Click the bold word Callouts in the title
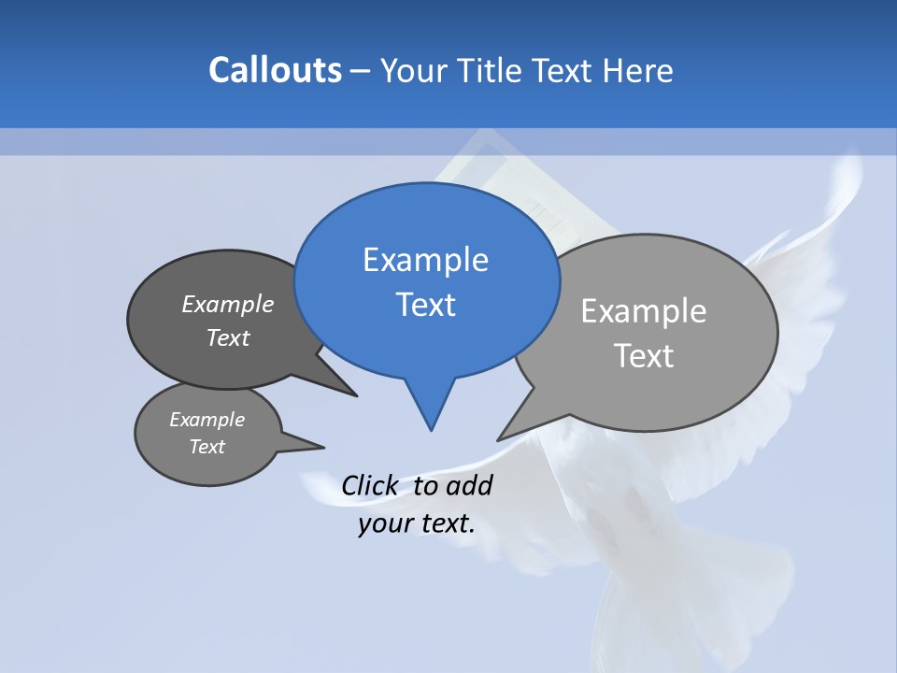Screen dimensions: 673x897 275,70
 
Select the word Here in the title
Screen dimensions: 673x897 638,71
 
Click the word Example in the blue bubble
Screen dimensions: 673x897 425,260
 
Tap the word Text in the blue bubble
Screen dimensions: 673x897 426,305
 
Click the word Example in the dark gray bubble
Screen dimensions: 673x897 228,304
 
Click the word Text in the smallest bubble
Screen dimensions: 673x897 206,447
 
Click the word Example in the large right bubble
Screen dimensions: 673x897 644,311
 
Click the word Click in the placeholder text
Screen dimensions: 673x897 369,486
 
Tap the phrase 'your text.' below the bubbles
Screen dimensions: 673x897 417,523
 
